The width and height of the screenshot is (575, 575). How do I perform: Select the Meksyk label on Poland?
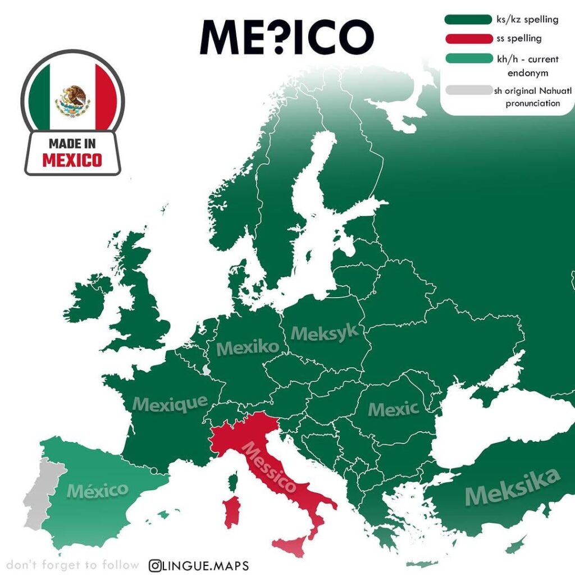coord(325,332)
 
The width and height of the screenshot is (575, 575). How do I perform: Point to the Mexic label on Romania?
coord(393,409)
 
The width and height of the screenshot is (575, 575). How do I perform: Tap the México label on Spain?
coord(98,490)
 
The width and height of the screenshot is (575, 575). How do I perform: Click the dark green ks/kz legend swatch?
coord(468,20)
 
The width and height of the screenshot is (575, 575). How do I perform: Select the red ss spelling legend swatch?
coord(468,39)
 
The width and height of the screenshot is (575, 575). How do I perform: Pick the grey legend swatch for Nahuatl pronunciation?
coord(468,90)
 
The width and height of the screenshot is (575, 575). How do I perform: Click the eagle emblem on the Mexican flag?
coord(73,100)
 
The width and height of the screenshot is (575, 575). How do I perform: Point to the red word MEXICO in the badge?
coord(72,160)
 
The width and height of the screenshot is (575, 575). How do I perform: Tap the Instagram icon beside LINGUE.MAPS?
coord(156,565)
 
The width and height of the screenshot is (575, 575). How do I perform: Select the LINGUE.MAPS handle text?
coord(206,565)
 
